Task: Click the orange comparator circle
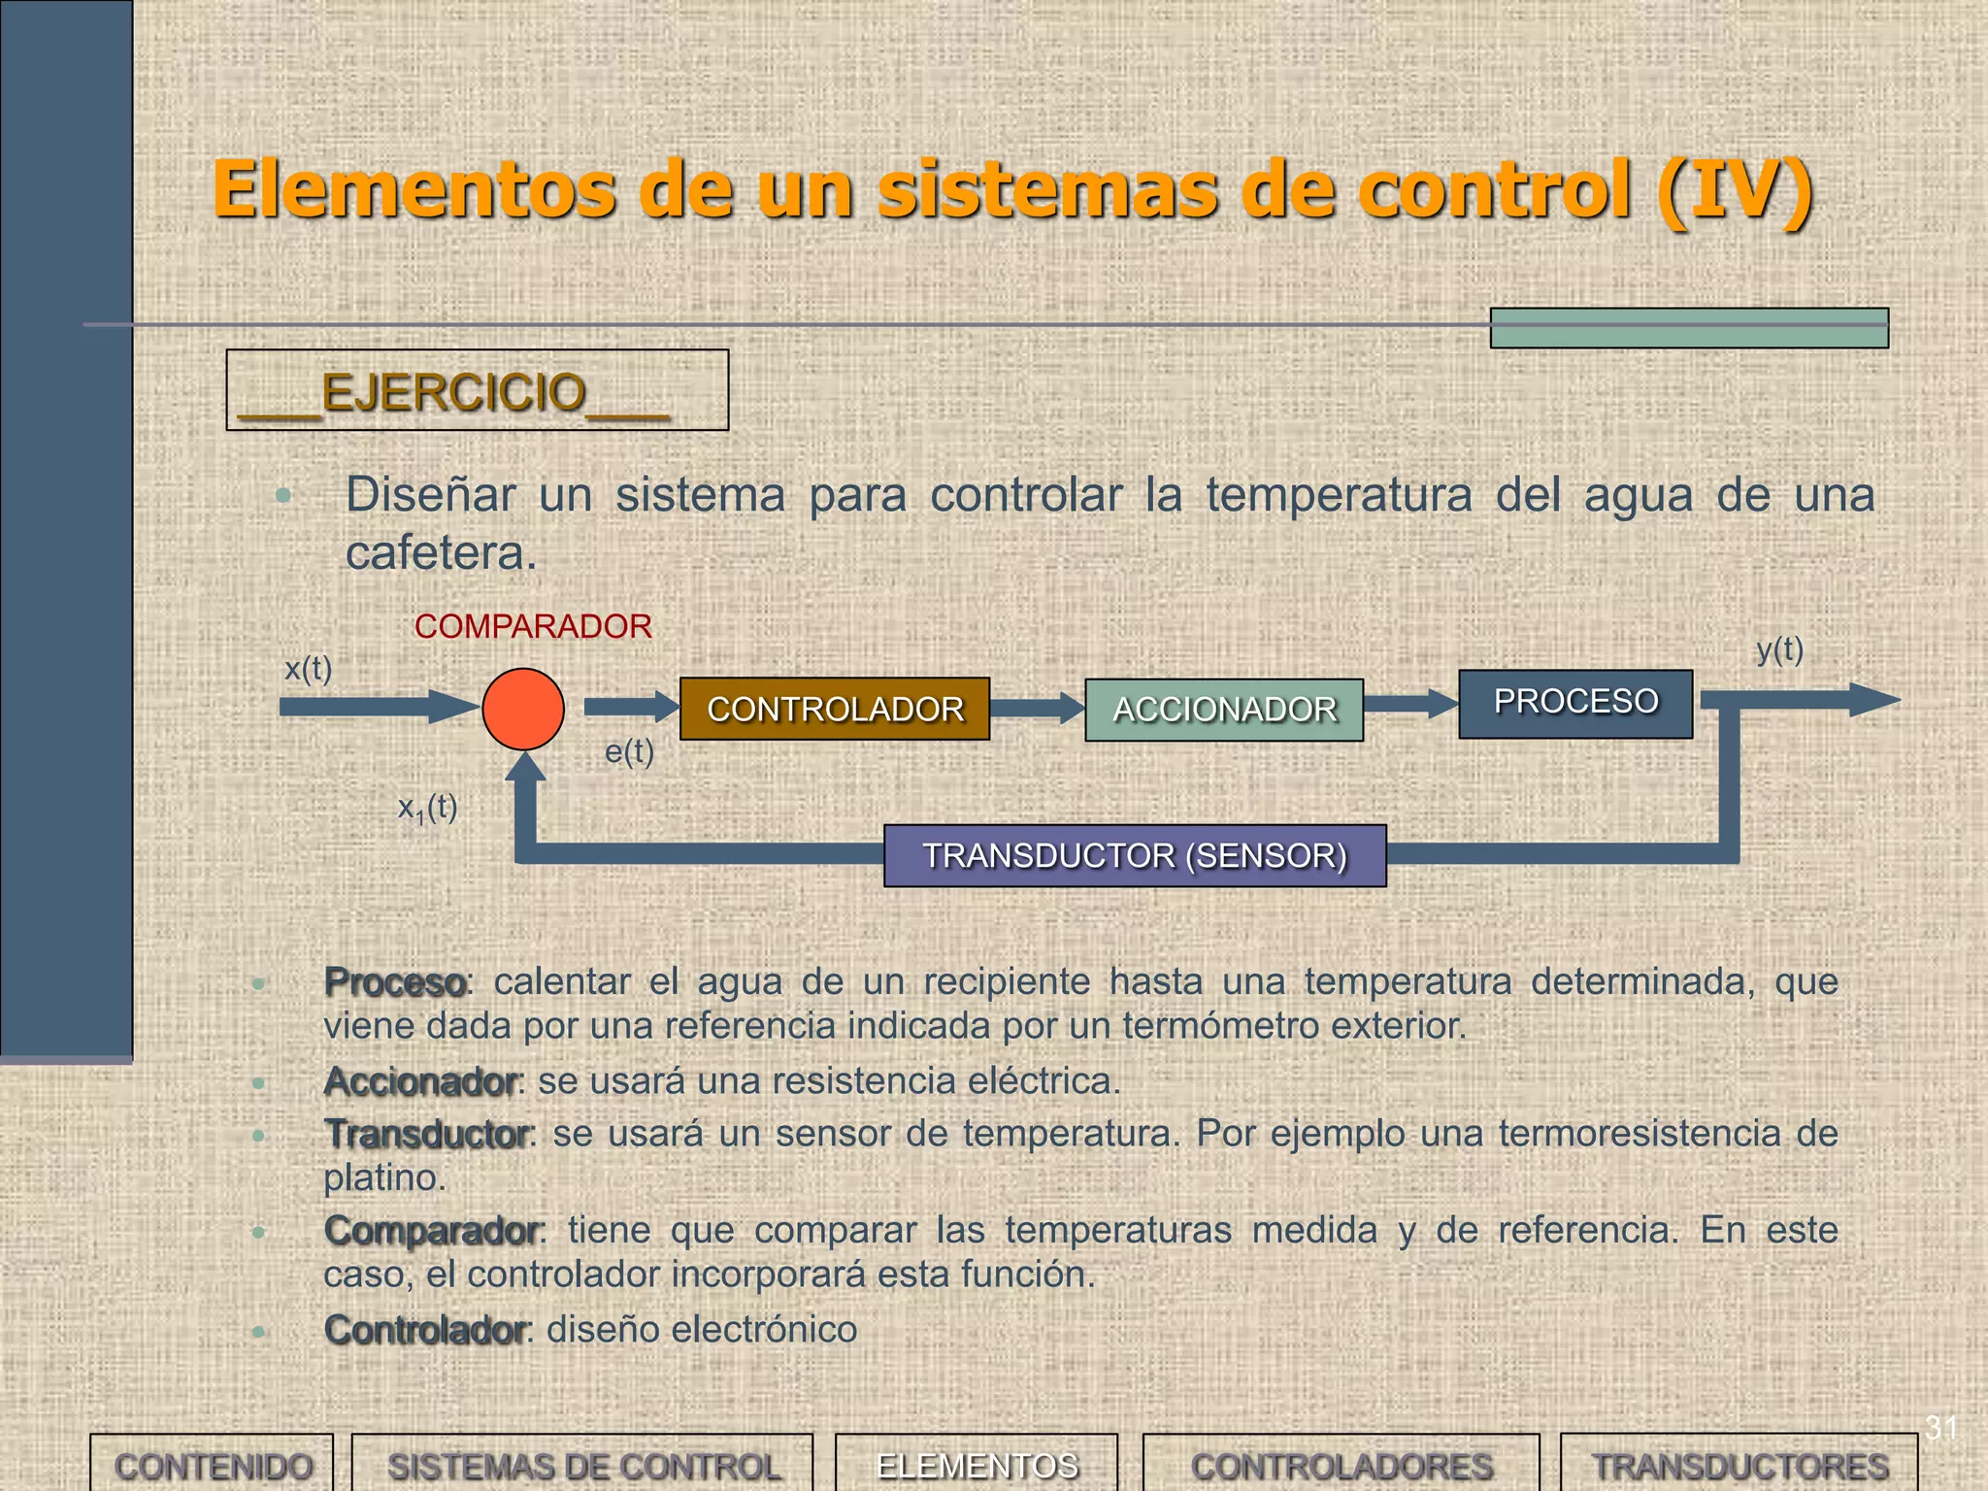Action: [x=523, y=709]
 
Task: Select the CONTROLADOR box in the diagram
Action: [x=835, y=710]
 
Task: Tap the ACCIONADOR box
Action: [x=1224, y=710]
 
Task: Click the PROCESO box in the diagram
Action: [x=1575, y=704]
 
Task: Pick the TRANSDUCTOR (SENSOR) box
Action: [x=1135, y=855]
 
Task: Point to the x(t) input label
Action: [x=308, y=669]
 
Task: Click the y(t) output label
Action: [x=1779, y=649]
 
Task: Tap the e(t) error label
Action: [x=629, y=751]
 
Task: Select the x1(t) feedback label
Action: [x=427, y=808]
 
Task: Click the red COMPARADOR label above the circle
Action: [x=533, y=627]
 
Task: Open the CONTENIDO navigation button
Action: [x=213, y=1465]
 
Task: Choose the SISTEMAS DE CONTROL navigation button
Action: [x=583, y=1465]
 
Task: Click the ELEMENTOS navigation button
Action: [x=977, y=1465]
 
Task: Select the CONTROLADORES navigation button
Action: [x=1342, y=1465]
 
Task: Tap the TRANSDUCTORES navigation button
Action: [x=1739, y=1465]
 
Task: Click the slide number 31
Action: [x=1941, y=1428]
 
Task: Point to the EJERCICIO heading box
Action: [x=477, y=390]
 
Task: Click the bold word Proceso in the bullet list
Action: [x=395, y=982]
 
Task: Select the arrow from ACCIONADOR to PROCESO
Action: [x=1410, y=704]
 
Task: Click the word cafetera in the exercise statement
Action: [x=440, y=553]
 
